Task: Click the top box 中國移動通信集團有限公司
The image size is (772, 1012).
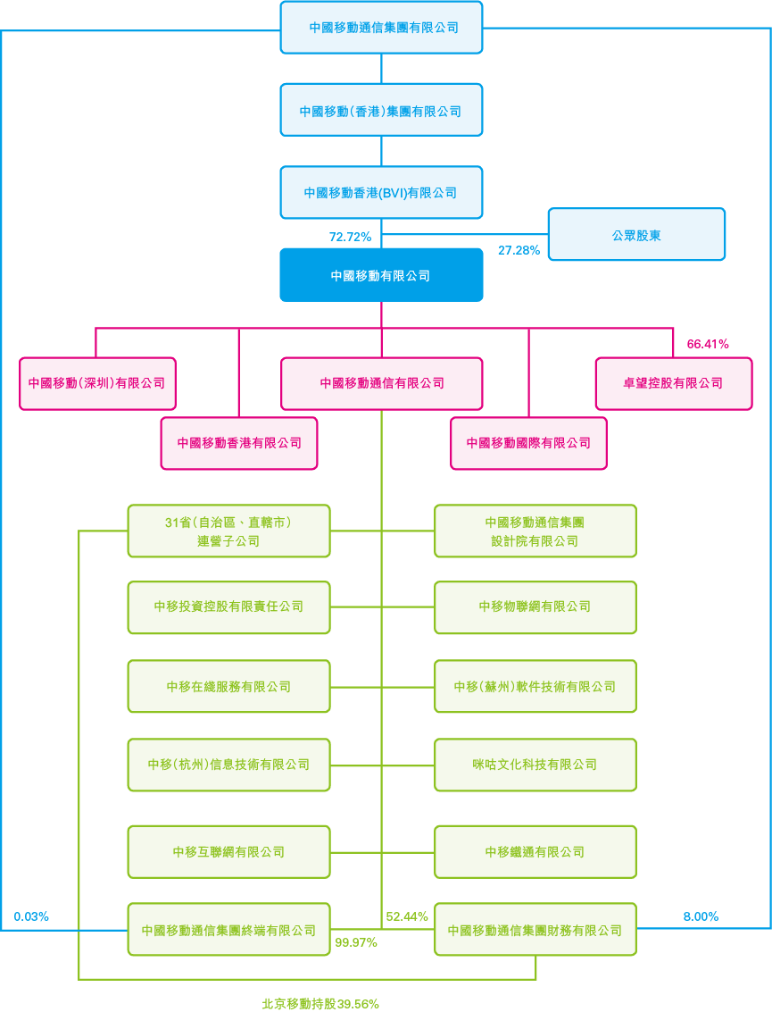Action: tap(381, 28)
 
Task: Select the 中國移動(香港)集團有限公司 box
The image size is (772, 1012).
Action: tap(381, 111)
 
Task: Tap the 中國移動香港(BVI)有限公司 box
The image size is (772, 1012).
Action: tap(381, 193)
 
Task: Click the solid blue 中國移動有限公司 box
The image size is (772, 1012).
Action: tap(381, 275)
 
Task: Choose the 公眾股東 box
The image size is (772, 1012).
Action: tap(636, 235)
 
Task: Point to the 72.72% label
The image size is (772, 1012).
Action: tap(350, 237)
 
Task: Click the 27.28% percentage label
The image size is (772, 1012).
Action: tap(519, 250)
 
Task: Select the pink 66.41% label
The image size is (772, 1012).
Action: tap(708, 343)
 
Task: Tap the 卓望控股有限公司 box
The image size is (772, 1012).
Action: tap(674, 383)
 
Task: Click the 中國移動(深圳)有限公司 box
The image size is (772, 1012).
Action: tap(97, 383)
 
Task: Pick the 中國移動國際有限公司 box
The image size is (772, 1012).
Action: tap(528, 443)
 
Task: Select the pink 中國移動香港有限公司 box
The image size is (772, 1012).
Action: tap(239, 443)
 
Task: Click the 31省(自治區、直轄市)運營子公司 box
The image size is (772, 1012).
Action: tap(228, 531)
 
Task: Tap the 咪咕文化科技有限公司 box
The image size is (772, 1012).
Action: tap(535, 765)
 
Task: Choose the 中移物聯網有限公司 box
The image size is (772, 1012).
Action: tap(535, 607)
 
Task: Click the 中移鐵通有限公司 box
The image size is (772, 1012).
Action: tap(535, 852)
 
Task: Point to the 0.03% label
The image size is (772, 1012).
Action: tap(31, 916)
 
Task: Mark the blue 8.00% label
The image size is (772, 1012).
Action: tap(701, 916)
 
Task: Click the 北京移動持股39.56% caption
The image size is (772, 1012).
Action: tap(320, 1003)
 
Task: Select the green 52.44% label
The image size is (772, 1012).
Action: tap(407, 916)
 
